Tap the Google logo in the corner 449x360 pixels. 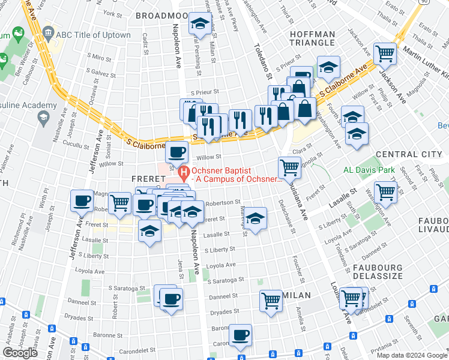20,353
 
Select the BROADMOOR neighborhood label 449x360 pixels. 161,14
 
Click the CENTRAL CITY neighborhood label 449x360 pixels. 408,154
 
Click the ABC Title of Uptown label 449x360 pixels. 93,35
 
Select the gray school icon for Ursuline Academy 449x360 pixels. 43,118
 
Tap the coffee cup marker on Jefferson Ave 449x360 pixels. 82,201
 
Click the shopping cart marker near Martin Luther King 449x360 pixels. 385,53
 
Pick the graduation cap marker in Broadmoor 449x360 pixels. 199,24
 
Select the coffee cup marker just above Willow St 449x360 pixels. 176,152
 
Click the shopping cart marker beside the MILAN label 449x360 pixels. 271,300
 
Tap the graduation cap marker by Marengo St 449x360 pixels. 256,218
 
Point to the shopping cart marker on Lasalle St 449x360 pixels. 385,193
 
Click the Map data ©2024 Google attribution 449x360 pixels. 412,355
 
